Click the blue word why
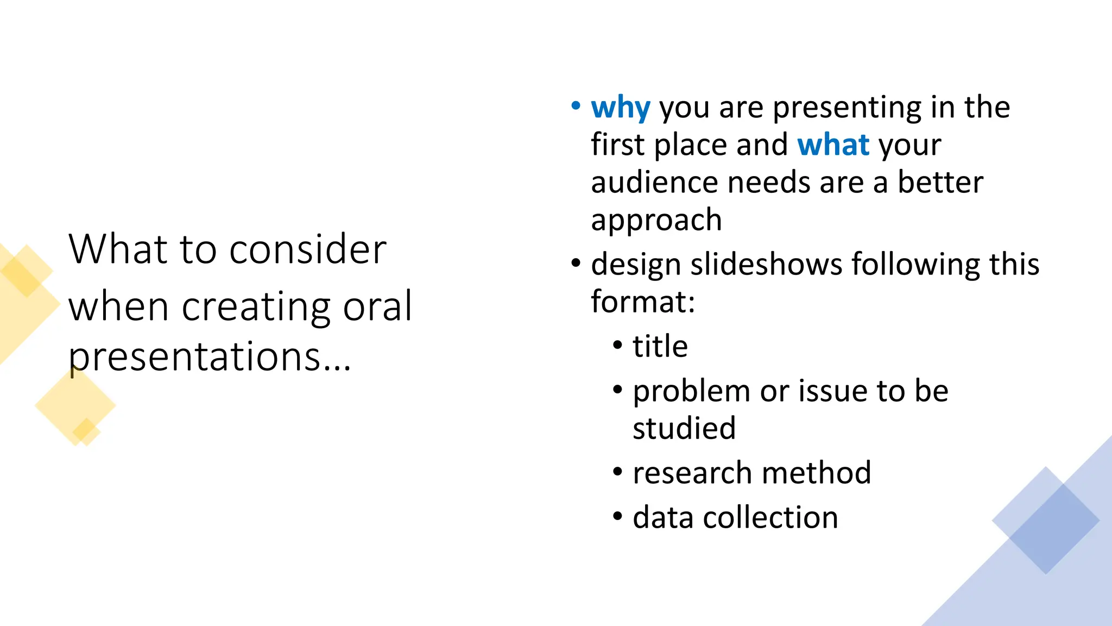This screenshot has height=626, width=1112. [620, 108]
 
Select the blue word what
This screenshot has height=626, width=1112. [833, 145]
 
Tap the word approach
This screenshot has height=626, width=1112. [656, 220]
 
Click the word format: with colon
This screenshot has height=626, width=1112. [642, 302]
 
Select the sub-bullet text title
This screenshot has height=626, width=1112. [660, 346]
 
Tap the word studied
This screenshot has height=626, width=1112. [684, 428]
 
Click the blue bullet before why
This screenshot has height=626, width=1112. [576, 106]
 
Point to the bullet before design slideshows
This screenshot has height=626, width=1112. [576, 264]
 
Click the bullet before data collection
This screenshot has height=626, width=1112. [617, 516]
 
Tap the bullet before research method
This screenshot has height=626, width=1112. [617, 472]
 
